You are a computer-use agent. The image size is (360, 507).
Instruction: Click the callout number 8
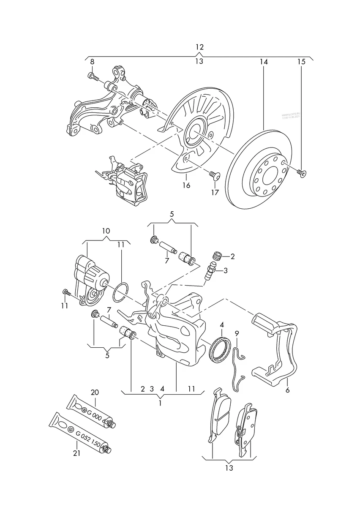92,62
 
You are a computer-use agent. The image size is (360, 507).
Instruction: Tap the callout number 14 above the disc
264,62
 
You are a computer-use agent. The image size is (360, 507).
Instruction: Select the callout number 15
301,62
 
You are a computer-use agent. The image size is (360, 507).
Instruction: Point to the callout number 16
186,185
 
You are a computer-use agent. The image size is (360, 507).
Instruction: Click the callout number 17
215,192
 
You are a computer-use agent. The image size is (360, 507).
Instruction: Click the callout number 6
287,390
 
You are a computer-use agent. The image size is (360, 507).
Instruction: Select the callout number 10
106,231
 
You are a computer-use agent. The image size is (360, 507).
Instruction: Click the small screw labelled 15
302,172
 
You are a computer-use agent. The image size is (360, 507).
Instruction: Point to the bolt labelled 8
93,76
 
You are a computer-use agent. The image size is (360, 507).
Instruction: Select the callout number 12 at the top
199,47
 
